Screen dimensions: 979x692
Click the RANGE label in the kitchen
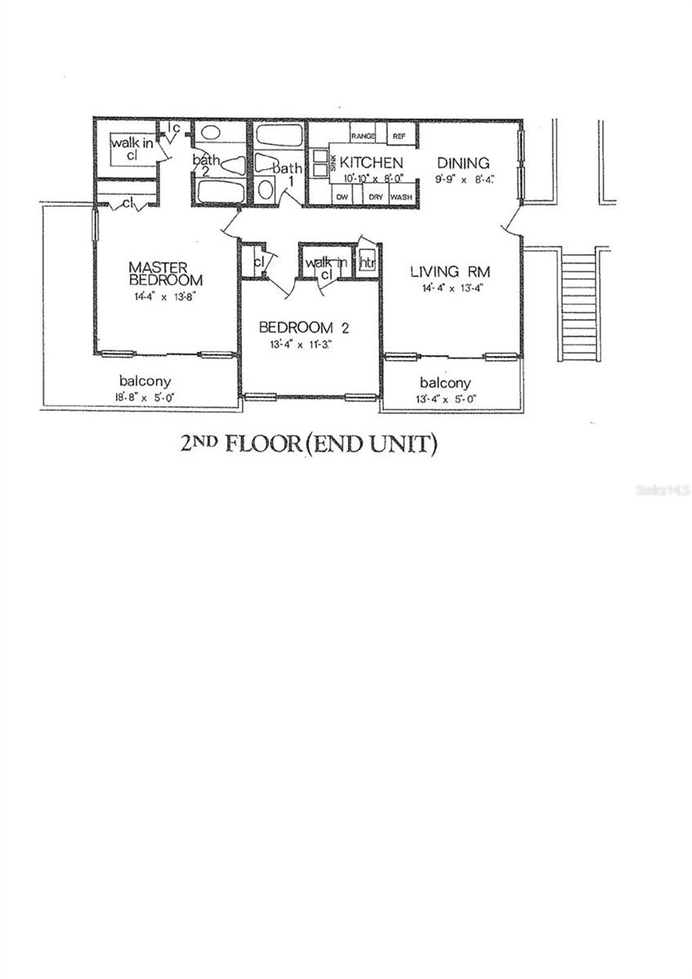(363, 136)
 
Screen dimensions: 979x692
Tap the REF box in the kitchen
(399, 136)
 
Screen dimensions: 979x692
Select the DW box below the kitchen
(342, 197)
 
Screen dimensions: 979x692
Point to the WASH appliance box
(401, 197)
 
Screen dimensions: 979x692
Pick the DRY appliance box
(376, 197)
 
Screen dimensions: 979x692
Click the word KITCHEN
(371, 163)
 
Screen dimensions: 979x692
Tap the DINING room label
(463, 163)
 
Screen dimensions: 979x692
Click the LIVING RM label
(450, 272)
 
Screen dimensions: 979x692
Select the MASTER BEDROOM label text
(165, 274)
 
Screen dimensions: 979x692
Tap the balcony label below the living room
(445, 382)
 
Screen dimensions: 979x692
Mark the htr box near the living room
(367, 263)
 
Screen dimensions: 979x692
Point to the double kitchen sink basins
(317, 168)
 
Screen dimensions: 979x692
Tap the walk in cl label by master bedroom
(132, 147)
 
